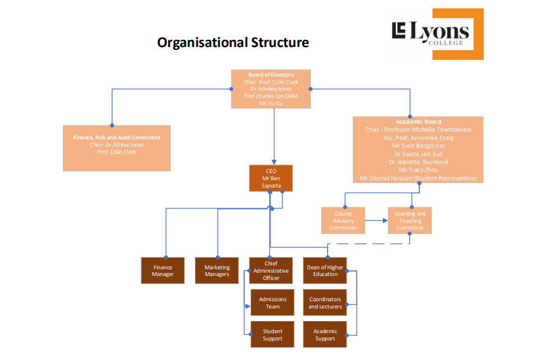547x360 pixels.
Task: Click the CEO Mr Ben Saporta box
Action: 271,178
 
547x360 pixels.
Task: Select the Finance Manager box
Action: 162,270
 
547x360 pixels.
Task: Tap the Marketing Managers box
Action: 217,270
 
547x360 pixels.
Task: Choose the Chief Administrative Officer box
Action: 271,270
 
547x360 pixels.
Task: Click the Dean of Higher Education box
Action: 325,270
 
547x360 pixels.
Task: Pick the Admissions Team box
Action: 273,302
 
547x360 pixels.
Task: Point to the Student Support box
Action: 273,334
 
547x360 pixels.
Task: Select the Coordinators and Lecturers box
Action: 325,302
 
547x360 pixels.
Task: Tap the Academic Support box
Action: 325,334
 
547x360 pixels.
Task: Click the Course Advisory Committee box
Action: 343,221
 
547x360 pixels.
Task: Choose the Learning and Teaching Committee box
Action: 410,221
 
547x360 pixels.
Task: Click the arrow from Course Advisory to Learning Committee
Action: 376,221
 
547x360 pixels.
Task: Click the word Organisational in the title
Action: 202,43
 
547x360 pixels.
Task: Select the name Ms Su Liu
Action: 271,103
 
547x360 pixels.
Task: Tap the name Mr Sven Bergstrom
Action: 418,146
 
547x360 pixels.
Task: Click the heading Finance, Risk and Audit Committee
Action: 116,137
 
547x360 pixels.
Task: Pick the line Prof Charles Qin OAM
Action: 271,96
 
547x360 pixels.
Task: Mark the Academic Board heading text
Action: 418,121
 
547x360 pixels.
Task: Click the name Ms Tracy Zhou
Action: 418,170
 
